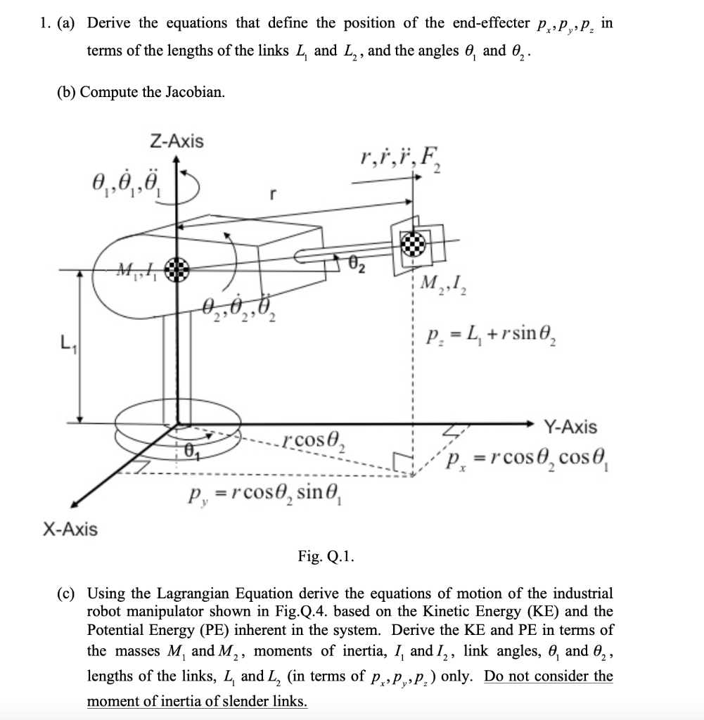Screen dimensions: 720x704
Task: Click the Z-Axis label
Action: [177, 141]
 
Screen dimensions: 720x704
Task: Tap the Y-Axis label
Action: [570, 427]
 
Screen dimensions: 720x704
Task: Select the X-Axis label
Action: [68, 528]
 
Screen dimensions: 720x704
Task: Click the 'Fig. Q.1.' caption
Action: [326, 558]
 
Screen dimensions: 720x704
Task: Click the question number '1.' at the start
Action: [46, 22]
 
